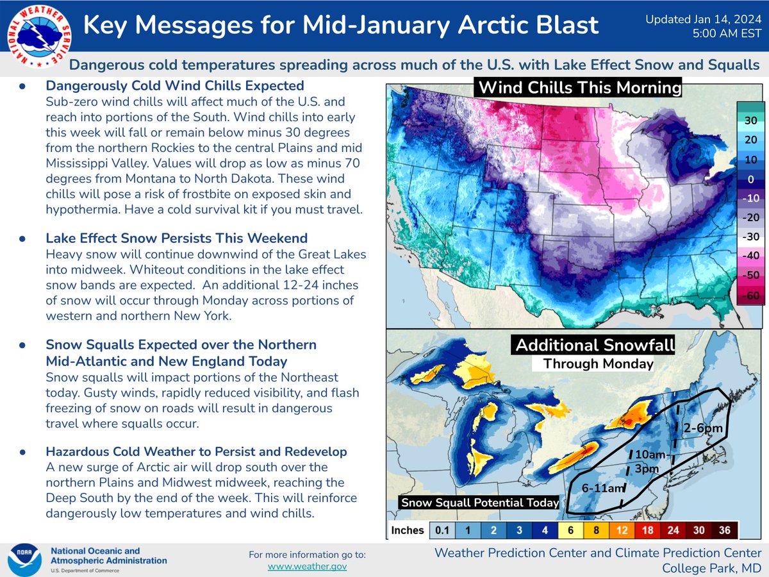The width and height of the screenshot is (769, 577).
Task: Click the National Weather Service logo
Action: click(39, 37)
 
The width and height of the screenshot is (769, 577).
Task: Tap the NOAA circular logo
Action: click(24, 560)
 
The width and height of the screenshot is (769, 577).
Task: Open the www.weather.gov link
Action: click(307, 567)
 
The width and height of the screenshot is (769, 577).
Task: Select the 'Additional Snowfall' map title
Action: click(595, 345)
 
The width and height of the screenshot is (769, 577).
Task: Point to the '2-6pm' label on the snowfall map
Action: click(703, 428)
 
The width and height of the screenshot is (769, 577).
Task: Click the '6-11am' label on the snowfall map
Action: click(603, 488)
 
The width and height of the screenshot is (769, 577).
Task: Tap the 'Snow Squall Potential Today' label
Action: click(479, 503)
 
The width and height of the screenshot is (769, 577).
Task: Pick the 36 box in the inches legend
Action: click(725, 530)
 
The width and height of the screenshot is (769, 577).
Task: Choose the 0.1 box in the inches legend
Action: click(442, 530)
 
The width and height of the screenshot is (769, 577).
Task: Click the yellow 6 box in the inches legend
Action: click(570, 530)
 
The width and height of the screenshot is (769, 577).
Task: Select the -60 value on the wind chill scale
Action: click(751, 296)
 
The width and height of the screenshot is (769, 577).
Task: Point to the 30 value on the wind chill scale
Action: click(751, 121)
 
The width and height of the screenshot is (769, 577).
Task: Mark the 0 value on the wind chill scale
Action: click(751, 180)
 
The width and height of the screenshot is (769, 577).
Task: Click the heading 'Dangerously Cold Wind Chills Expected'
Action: click(175, 86)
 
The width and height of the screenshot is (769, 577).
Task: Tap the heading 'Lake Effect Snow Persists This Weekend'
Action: click(177, 238)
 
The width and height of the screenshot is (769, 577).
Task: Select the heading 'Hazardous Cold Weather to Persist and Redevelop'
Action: click(196, 451)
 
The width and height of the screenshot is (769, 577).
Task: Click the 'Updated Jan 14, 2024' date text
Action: click(704, 19)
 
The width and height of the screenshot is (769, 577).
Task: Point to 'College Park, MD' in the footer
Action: click(711, 568)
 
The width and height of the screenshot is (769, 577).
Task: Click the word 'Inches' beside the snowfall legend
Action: click(407, 530)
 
